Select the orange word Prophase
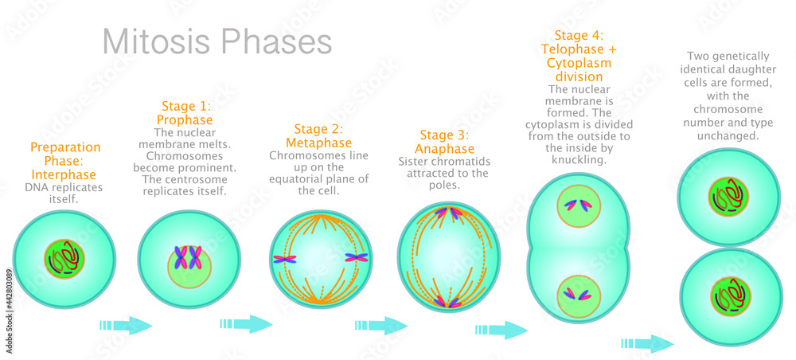(185, 119)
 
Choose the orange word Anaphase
(444, 149)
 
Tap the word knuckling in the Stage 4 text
(567, 159)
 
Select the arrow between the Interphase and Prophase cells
(125, 325)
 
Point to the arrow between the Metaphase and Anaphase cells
(381, 324)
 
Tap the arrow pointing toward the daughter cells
(647, 343)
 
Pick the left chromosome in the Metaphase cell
(284, 258)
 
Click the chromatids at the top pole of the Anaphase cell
(448, 213)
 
